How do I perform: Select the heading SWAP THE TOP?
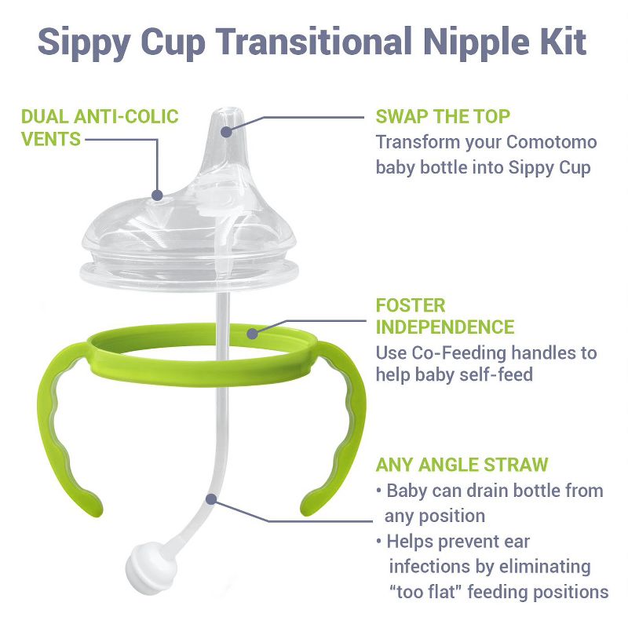tap(443, 117)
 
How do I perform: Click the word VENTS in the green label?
tap(51, 140)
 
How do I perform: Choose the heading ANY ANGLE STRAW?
tap(462, 465)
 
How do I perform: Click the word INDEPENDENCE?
tap(444, 327)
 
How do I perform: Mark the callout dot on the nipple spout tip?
tap(226, 131)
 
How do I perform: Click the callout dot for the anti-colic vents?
tap(158, 195)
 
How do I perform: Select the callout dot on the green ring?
tap(253, 334)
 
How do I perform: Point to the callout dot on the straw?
tap(210, 498)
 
